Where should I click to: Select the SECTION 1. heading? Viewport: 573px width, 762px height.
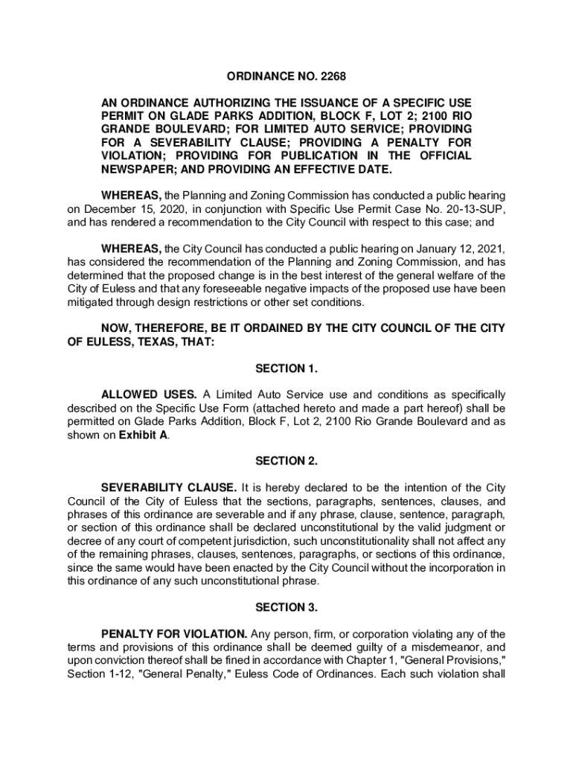286,368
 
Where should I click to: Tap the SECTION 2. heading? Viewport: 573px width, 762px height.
286,461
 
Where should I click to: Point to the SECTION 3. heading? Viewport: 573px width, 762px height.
286,607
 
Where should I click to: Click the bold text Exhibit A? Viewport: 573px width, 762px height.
143,435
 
